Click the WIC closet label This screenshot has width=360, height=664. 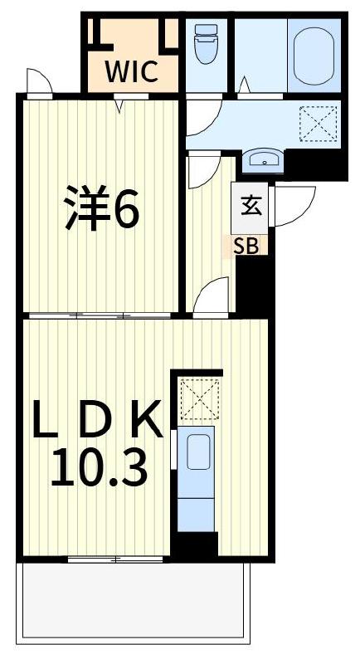pos(131,72)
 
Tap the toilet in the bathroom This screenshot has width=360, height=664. pos(204,43)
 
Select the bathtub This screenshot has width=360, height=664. pos(313,51)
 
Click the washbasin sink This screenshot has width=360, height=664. pos(265,159)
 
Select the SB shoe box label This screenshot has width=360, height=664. pos(245,246)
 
